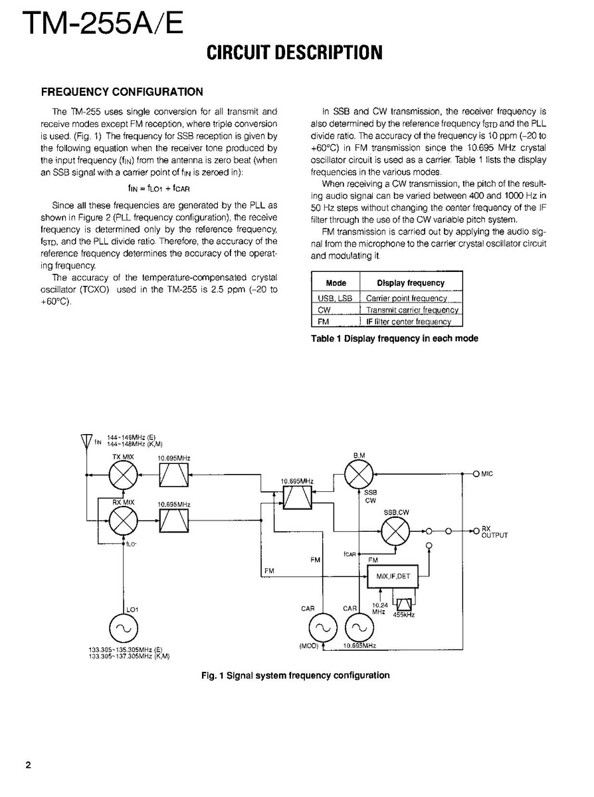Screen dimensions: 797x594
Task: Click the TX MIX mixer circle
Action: [123, 475]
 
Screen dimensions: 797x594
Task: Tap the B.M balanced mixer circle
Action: [359, 474]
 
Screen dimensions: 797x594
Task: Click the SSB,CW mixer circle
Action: [395, 531]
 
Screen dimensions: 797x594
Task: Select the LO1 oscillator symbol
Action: [123, 629]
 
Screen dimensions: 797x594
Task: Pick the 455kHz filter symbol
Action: [404, 605]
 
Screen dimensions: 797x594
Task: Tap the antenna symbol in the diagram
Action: [86, 440]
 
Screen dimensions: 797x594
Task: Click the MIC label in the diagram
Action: [488, 474]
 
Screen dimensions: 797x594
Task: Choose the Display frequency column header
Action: [411, 283]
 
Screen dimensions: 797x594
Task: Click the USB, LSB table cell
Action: [336, 298]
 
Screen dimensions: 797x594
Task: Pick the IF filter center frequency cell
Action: [409, 322]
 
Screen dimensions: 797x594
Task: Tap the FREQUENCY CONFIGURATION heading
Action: [122, 92]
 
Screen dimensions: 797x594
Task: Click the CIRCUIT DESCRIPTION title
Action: [294, 53]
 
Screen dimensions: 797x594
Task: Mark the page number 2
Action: [28, 764]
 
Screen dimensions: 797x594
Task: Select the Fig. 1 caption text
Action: [295, 675]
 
